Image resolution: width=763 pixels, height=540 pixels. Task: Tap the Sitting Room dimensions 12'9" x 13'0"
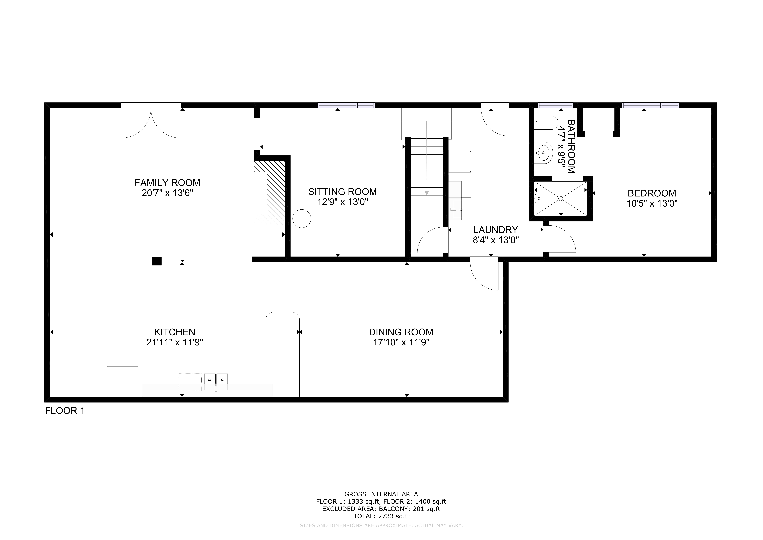[x=343, y=202]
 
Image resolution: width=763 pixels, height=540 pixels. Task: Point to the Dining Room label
[x=401, y=332]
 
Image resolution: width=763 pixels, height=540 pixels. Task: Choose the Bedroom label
[x=652, y=193]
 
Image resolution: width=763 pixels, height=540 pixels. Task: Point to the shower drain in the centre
[x=561, y=198]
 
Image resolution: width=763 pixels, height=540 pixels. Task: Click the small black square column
[x=156, y=261]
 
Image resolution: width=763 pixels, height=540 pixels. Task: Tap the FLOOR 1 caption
[x=65, y=411]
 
